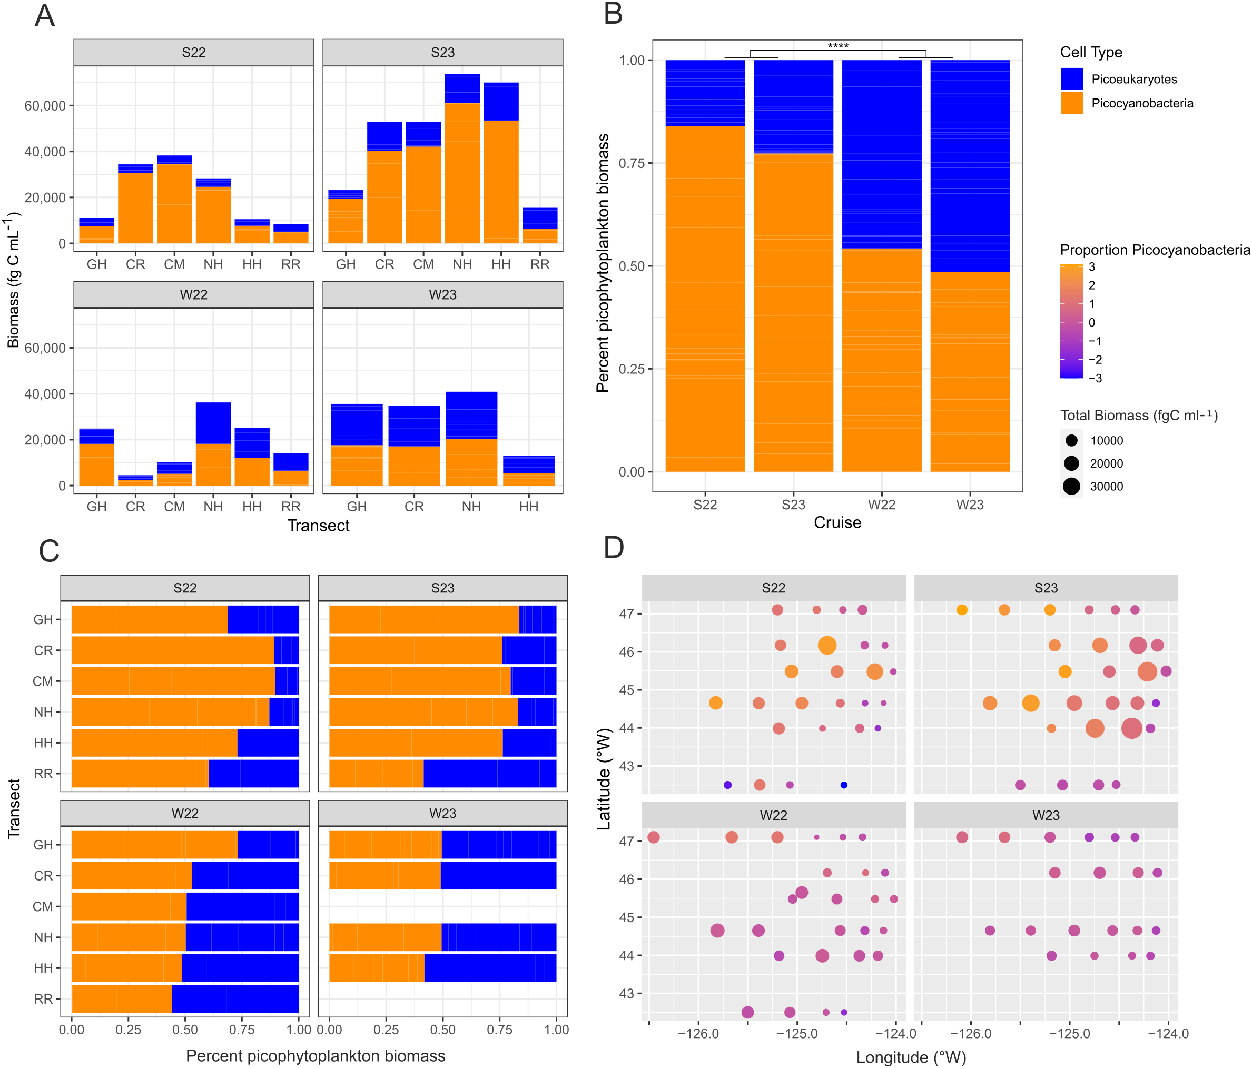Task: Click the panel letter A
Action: pyautogui.click(x=45, y=16)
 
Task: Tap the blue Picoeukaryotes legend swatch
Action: pyautogui.click(x=1071, y=79)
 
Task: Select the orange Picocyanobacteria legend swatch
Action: pyautogui.click(x=1071, y=103)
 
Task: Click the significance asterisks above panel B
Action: pyautogui.click(x=837, y=46)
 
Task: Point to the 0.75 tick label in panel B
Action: pyautogui.click(x=632, y=163)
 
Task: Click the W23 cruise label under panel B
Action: pyautogui.click(x=969, y=505)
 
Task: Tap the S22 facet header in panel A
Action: pyautogui.click(x=193, y=53)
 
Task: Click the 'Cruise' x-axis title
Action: pyautogui.click(x=837, y=522)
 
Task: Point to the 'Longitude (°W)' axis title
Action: pyautogui.click(x=911, y=1057)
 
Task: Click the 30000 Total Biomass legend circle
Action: pyautogui.click(x=1071, y=486)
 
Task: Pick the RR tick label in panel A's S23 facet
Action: pyautogui.click(x=539, y=264)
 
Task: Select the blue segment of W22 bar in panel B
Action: pyautogui.click(x=881, y=154)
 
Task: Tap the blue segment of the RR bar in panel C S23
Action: pyautogui.click(x=489, y=774)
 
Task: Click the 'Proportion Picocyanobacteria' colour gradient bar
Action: pyautogui.click(x=1071, y=321)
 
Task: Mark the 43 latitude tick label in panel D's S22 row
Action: pyautogui.click(x=627, y=766)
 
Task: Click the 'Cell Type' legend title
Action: pyautogui.click(x=1091, y=52)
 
